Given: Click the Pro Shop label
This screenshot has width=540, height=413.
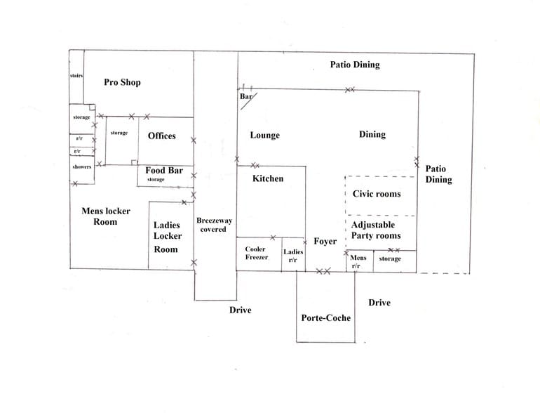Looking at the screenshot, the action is coord(122,82).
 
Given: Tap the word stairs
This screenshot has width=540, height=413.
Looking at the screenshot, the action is coord(76,76).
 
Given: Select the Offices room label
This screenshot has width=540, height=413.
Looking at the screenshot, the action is coord(162,136).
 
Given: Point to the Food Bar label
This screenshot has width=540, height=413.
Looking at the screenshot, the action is coord(164,170).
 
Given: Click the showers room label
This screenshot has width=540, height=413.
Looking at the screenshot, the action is coord(82,167).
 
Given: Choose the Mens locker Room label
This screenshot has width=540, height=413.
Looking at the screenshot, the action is coord(106,216).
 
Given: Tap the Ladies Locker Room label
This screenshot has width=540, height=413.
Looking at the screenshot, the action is coord(168,237).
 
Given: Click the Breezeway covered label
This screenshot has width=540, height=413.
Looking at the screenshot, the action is coord(214,225).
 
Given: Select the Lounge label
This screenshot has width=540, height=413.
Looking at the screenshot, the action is coord(265,136).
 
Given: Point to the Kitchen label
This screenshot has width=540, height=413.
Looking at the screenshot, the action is coord(268,178).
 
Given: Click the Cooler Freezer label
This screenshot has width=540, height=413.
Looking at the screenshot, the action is coord(256,253).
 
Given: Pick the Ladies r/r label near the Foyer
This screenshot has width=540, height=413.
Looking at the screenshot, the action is coord(293,256).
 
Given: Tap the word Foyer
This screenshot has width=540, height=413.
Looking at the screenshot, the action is coord(325,241).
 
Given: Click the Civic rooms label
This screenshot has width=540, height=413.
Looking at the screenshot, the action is coord(377,194).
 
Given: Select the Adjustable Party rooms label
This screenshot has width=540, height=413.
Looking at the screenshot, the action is coord(376,230).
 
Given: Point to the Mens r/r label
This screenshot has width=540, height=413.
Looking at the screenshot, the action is coord(358,261).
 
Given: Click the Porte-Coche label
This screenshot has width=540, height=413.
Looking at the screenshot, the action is coord(326,317).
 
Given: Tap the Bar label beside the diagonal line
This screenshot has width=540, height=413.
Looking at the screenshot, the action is coord(246,96).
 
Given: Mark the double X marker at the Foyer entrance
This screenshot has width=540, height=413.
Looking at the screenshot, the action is coord(323,271).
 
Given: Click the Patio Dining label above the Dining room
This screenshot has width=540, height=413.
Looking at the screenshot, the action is coord(355,65).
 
